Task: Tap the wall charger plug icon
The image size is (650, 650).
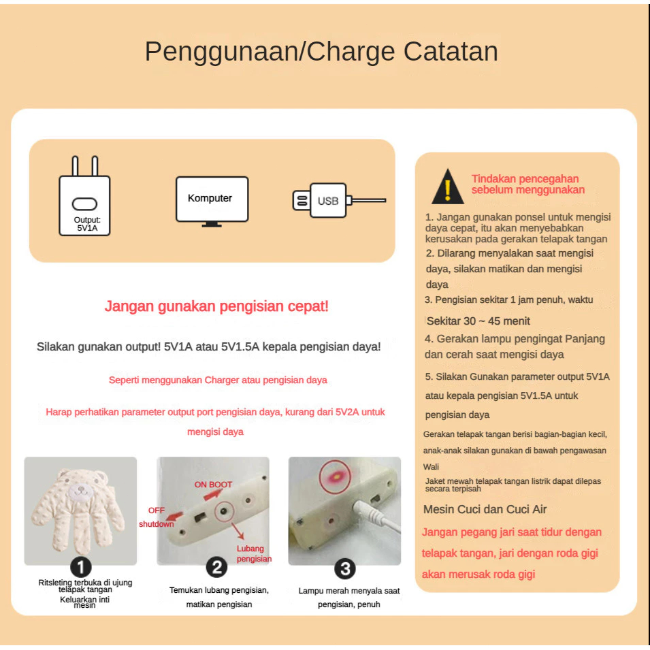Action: point(84,195)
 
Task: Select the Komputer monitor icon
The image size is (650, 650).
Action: point(212,201)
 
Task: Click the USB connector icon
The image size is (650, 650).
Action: point(339,201)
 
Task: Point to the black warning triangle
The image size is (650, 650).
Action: point(448,186)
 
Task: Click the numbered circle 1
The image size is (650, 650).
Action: point(81,567)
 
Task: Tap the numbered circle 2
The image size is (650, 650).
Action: point(217,567)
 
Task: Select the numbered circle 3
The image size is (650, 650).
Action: point(345,569)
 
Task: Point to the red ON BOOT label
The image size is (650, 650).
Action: point(213,484)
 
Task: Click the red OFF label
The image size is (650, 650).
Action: point(157,510)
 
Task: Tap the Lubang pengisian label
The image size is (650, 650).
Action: point(254,553)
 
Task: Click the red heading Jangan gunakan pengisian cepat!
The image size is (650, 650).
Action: point(216,306)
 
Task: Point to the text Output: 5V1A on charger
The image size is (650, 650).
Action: point(87,224)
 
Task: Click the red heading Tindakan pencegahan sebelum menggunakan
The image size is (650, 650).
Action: point(527,184)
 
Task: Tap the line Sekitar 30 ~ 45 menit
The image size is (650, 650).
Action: point(478,321)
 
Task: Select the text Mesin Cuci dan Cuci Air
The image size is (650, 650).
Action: point(485,509)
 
